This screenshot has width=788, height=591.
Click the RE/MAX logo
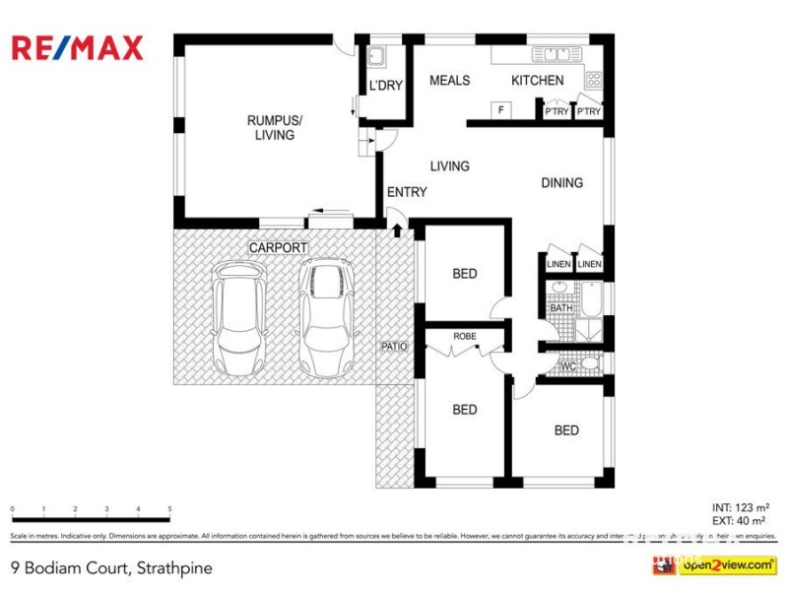click(x=77, y=47)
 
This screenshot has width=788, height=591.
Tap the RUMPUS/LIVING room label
click(x=274, y=128)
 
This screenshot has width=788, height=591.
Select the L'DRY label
click(x=385, y=87)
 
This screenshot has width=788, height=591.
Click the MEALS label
click(x=449, y=81)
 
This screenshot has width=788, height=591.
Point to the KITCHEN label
click(x=538, y=81)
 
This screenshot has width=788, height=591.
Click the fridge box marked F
click(x=501, y=110)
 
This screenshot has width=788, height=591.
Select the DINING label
click(x=561, y=182)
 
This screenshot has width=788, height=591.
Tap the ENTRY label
click(x=407, y=192)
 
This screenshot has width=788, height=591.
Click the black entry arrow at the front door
click(x=397, y=230)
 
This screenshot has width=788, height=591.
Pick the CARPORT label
click(x=278, y=247)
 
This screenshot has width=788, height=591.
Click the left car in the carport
click(x=239, y=318)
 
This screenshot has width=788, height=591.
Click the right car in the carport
click(x=327, y=318)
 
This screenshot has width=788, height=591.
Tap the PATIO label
click(x=394, y=347)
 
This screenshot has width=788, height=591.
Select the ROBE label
click(x=464, y=336)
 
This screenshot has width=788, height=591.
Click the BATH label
click(x=560, y=308)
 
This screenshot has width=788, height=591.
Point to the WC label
click(x=567, y=366)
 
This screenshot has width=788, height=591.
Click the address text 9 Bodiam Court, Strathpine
click(x=110, y=567)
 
